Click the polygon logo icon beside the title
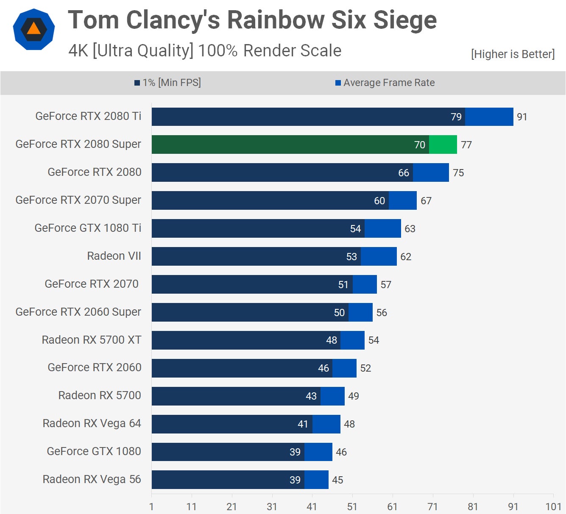(x=34, y=29)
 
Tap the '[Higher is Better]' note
(x=513, y=54)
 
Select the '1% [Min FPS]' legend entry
(x=168, y=83)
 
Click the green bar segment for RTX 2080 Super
(x=443, y=144)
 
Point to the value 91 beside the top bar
(x=522, y=117)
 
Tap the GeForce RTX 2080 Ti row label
(x=88, y=116)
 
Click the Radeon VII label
(x=114, y=256)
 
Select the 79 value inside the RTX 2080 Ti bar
(x=456, y=117)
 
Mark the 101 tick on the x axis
(x=553, y=507)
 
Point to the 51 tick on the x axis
(x=352, y=507)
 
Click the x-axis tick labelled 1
(x=151, y=507)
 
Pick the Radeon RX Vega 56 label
(x=92, y=479)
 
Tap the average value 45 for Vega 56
(x=337, y=480)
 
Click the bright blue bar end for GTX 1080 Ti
(x=382, y=228)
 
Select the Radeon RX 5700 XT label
(x=92, y=340)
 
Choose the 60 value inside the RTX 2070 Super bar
(x=379, y=201)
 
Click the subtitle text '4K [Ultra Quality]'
(x=131, y=51)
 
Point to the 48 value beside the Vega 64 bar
(x=349, y=424)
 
